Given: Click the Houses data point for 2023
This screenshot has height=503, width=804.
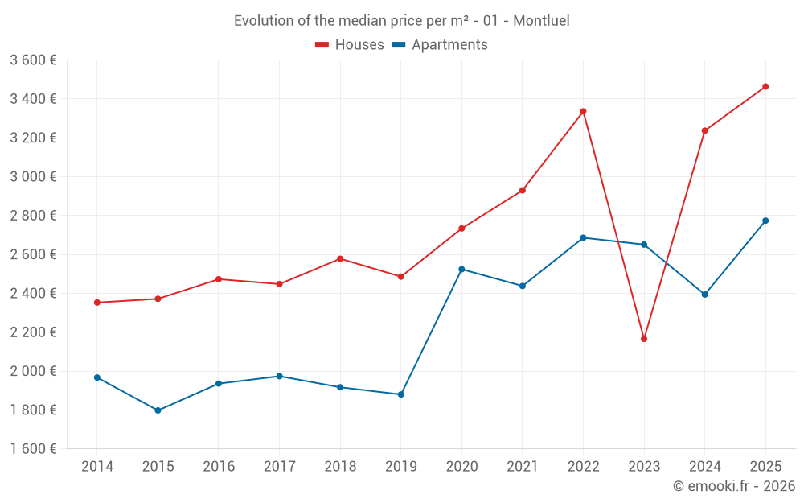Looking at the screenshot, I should pyautogui.click(x=644, y=339).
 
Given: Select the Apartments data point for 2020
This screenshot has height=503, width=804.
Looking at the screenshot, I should pyautogui.click(x=461, y=269).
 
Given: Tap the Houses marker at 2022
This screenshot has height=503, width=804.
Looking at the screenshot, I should pyautogui.click(x=583, y=111).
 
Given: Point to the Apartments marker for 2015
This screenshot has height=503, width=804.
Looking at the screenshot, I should pyautogui.click(x=158, y=410).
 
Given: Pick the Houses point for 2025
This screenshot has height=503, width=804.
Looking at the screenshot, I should pyautogui.click(x=765, y=86).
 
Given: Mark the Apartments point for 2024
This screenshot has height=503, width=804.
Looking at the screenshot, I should pyautogui.click(x=704, y=295).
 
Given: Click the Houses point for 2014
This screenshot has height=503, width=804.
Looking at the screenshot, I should pyautogui.click(x=97, y=303).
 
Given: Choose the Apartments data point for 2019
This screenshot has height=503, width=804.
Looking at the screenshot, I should pyautogui.click(x=400, y=394).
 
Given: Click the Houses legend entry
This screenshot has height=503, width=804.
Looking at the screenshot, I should pyautogui.click(x=350, y=45).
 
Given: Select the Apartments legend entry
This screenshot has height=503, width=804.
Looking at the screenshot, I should pyautogui.click(x=440, y=45).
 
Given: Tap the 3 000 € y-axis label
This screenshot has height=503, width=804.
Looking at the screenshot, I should pyautogui.click(x=33, y=176).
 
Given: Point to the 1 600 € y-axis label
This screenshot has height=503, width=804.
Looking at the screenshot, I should pyautogui.click(x=33, y=448).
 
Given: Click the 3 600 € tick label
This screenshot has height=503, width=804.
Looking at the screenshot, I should pyautogui.click(x=33, y=60).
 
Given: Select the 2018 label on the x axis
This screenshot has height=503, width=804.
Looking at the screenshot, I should pyautogui.click(x=340, y=467).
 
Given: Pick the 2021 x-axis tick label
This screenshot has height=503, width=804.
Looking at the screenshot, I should pyautogui.click(x=523, y=467).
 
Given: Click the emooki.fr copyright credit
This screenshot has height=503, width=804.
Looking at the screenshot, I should pyautogui.click(x=734, y=486).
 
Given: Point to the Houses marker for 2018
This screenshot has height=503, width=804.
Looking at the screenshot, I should pyautogui.click(x=340, y=259).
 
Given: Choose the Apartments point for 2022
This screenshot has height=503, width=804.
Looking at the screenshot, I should pyautogui.click(x=583, y=237).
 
